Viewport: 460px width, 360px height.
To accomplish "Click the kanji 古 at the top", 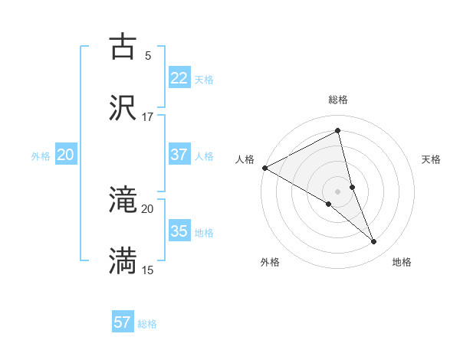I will pyautogui.click(x=123, y=47).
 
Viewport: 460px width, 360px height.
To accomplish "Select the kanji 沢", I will pyautogui.click(x=123, y=108).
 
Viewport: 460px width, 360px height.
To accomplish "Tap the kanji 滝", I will pyautogui.click(x=123, y=201).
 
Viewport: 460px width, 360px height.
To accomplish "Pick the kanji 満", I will pyautogui.click(x=123, y=261).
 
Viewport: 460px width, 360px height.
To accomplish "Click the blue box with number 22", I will pyautogui.click(x=179, y=77).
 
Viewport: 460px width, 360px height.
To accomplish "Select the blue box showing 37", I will pyautogui.click(x=179, y=155).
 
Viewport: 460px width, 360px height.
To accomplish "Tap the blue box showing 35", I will pyautogui.click(x=179, y=231).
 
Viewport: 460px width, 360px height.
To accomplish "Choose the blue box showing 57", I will pyautogui.click(x=123, y=322).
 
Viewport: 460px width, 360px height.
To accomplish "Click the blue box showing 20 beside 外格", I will pyautogui.click(x=65, y=155).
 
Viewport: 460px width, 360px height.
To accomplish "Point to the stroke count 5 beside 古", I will pyautogui.click(x=148, y=56).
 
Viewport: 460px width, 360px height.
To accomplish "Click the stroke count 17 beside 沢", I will pyautogui.click(x=148, y=117).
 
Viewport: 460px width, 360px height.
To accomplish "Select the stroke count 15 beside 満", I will pyautogui.click(x=148, y=270).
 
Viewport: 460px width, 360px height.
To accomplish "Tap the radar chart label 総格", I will pyautogui.click(x=338, y=100).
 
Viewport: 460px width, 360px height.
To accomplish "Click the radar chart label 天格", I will pyautogui.click(x=432, y=159).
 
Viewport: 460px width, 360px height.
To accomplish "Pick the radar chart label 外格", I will pyautogui.click(x=270, y=262).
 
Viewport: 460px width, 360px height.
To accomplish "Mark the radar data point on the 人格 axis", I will pyautogui.click(x=264, y=168).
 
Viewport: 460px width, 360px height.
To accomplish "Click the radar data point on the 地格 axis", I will pyautogui.click(x=374, y=242).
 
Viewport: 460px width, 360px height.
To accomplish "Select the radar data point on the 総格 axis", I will pyautogui.click(x=338, y=131).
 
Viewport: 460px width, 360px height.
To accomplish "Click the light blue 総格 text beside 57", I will pyautogui.click(x=147, y=324).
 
